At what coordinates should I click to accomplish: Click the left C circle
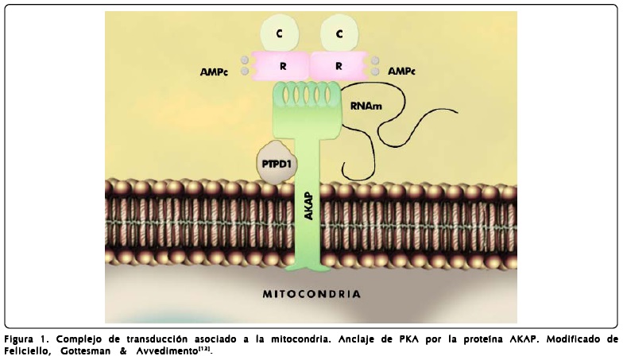[279, 33]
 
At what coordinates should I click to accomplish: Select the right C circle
[339, 33]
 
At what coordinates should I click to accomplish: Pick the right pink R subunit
[339, 66]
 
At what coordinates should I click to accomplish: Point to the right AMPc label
[401, 72]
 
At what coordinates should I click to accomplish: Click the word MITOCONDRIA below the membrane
[311, 294]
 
